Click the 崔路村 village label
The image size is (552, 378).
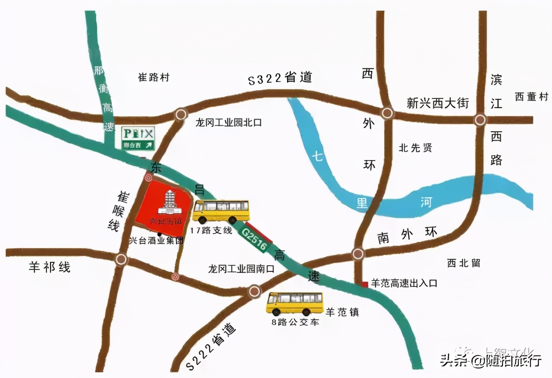154,78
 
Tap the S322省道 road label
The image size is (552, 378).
279,79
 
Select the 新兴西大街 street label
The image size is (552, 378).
437,103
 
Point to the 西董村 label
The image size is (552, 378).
531,97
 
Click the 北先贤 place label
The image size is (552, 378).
415,148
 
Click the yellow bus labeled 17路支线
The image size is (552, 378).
221,211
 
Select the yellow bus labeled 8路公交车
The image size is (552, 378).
295,303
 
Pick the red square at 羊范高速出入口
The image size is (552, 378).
365,283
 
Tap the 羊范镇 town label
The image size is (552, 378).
342,312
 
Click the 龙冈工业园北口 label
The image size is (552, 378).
228,123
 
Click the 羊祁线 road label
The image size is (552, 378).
50,268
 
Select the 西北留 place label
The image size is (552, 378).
464,263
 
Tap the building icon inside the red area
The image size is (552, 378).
171,202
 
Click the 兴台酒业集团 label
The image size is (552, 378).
156,241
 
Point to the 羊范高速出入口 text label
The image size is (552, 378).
404,283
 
